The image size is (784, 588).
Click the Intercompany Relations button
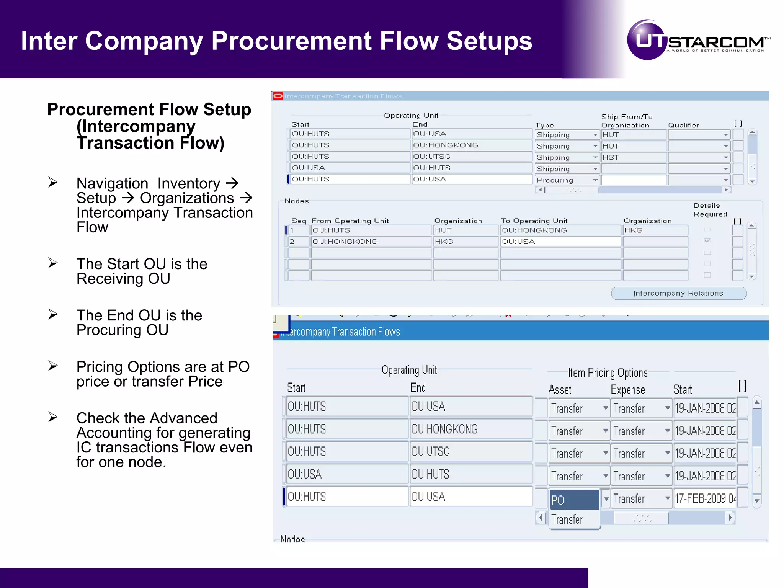click(x=678, y=293)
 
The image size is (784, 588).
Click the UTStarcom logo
click(x=698, y=40)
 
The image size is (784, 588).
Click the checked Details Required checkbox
click(x=707, y=241)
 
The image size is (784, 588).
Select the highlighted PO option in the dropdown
click(x=574, y=500)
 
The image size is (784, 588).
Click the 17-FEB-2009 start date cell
click(x=704, y=498)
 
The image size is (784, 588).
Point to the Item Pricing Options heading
click(x=608, y=373)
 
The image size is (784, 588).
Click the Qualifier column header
click(x=683, y=125)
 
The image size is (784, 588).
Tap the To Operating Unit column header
click(x=534, y=221)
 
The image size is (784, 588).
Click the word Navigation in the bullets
click(x=112, y=184)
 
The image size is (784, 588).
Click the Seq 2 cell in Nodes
click(x=298, y=242)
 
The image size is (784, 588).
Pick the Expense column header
click(x=627, y=390)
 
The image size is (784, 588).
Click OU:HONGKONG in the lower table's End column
click(x=444, y=429)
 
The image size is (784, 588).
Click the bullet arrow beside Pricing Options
click(x=53, y=366)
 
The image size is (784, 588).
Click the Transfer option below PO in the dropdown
click(x=567, y=519)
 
